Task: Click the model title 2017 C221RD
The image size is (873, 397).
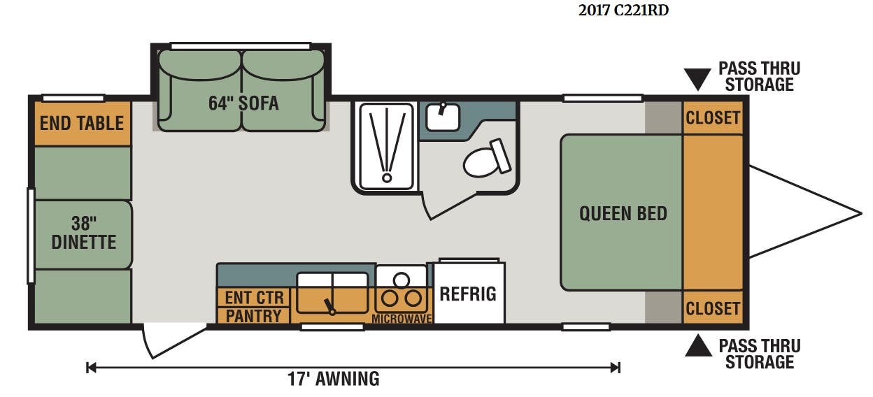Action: click(623, 10)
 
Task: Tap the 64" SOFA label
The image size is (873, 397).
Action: click(243, 103)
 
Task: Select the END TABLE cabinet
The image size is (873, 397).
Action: click(83, 124)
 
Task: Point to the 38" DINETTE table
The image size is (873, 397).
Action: click(83, 235)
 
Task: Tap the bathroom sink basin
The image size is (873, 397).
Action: click(442, 117)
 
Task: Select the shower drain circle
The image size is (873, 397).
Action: click(387, 178)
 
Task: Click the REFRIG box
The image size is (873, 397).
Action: click(469, 293)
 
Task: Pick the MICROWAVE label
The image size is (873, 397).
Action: click(402, 319)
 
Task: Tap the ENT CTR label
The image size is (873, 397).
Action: click(254, 298)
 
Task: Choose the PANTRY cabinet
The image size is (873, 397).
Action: click(253, 316)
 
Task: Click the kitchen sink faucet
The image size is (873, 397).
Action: click(329, 307)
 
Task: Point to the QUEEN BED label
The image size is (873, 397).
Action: click(623, 213)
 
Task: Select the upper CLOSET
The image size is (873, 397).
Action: click(712, 118)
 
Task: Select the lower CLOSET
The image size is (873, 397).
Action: click(712, 308)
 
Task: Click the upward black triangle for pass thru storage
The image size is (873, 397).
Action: click(698, 345)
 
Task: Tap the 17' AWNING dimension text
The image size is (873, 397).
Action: click(334, 379)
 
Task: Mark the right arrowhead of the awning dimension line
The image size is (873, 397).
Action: click(616, 368)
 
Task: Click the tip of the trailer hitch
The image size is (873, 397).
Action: click(861, 213)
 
